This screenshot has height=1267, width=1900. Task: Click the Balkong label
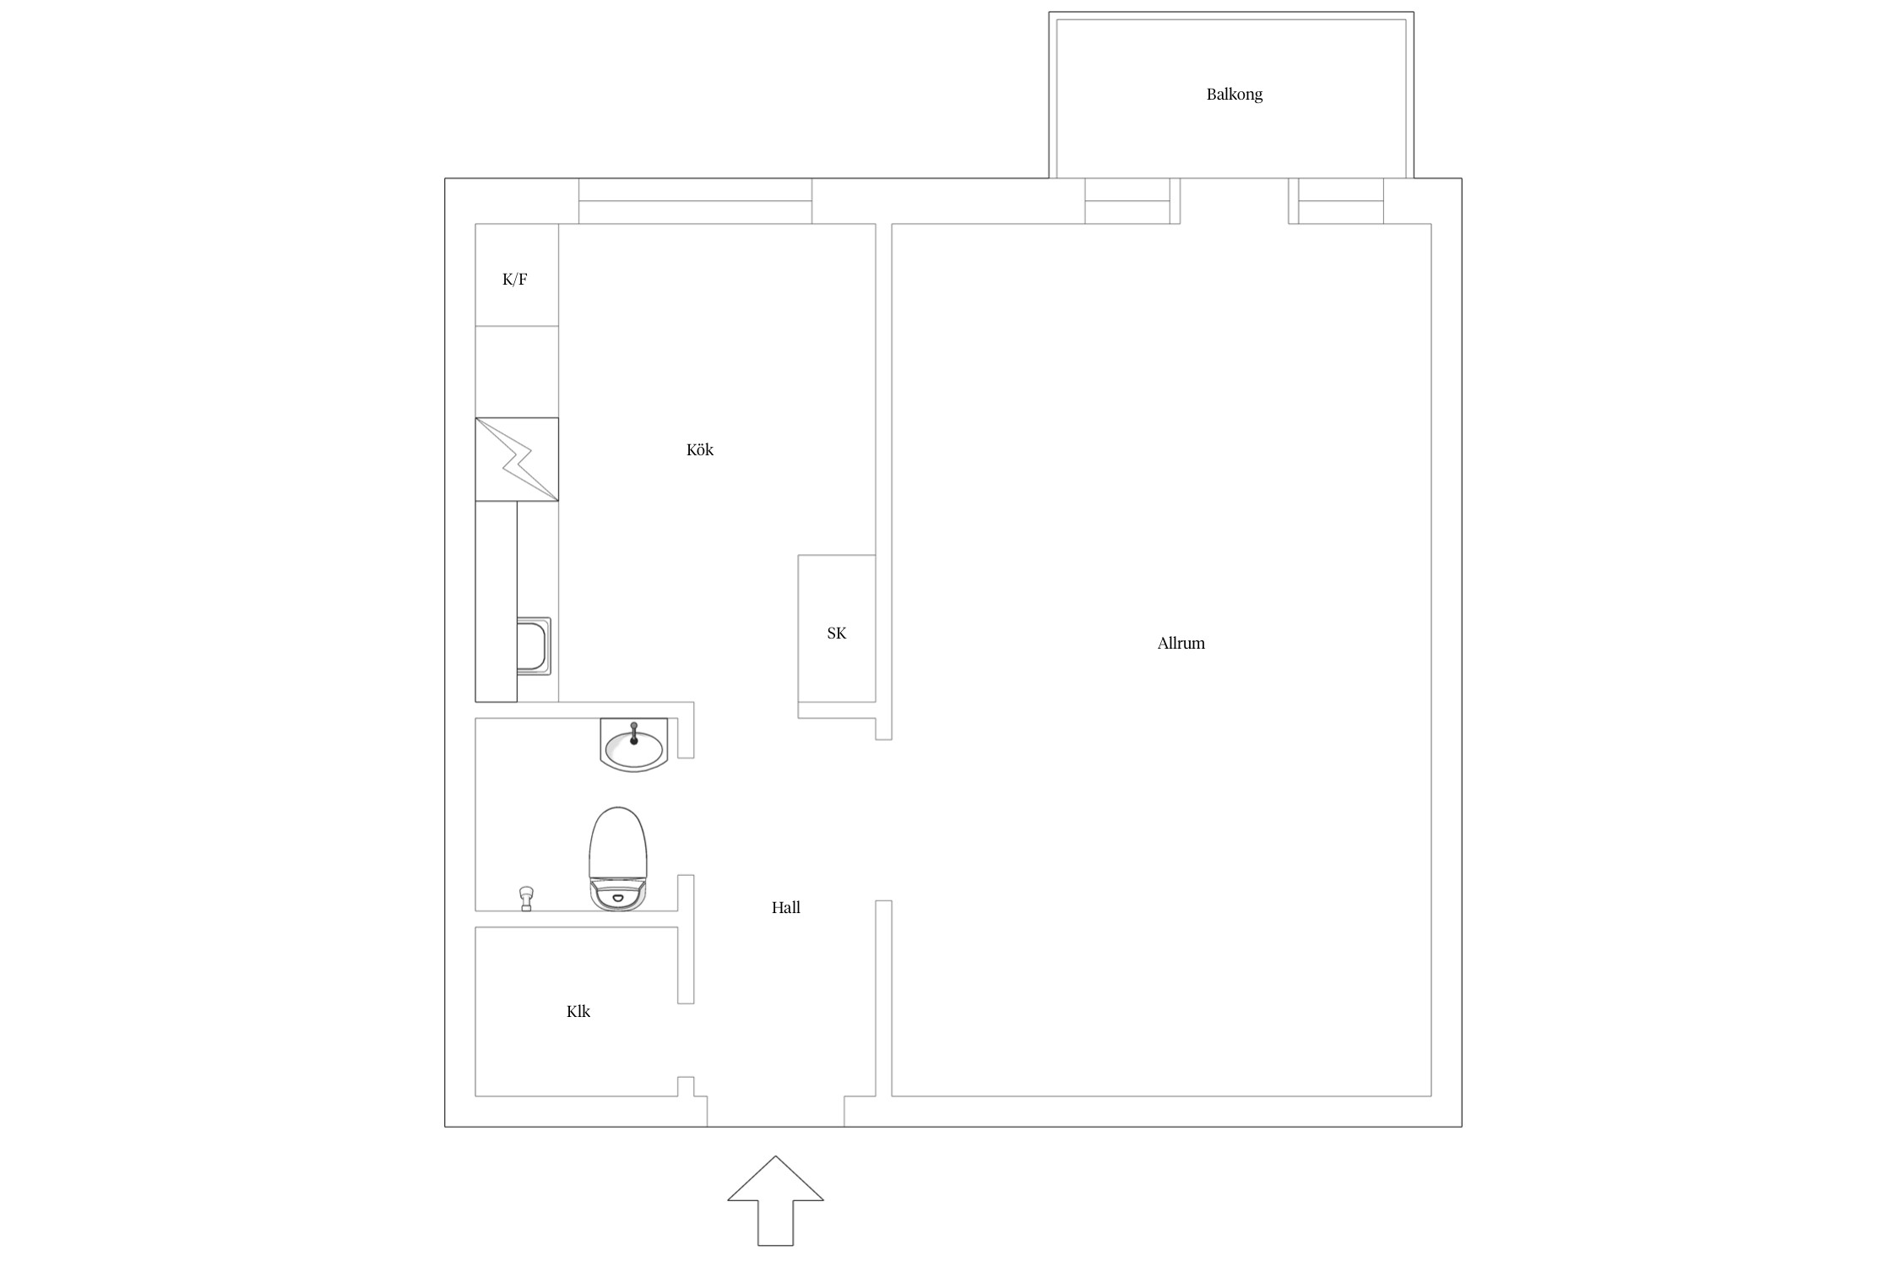[1234, 95]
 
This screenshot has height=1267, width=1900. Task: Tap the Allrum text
[1181, 644]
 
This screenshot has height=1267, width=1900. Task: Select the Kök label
[700, 450]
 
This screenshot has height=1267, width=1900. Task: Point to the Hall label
[785, 908]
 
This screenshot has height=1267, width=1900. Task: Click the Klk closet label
[578, 1012]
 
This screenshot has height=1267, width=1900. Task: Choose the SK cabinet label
[836, 633]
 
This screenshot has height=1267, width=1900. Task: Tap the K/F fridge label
[514, 280]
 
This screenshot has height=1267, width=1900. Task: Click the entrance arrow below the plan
[775, 1200]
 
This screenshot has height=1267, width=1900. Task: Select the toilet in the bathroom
[618, 858]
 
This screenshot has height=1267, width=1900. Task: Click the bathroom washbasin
[633, 745]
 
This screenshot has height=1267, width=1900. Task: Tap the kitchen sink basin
[534, 646]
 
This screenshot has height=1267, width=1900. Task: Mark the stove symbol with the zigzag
[517, 459]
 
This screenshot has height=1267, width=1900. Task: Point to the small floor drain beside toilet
[527, 898]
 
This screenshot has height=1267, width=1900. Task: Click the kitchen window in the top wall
[695, 201]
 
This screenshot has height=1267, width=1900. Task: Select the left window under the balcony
[1127, 201]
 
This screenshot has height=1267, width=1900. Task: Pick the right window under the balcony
[1341, 201]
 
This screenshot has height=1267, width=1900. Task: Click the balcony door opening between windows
[1234, 201]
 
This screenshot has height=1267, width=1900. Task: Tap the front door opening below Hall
[775, 1112]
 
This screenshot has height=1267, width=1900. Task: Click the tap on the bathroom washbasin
[633, 732]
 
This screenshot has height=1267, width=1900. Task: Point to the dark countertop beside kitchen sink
[496, 601]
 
